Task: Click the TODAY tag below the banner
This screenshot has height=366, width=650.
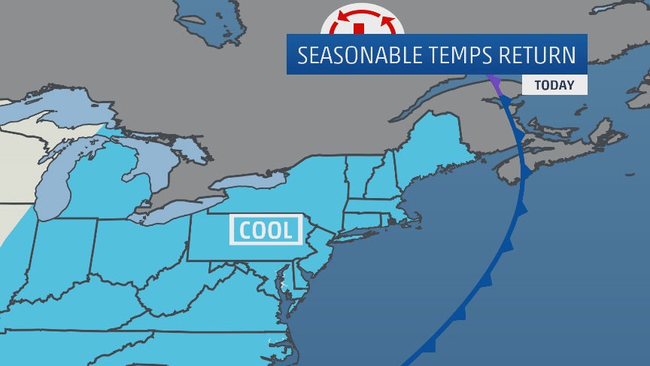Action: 554,85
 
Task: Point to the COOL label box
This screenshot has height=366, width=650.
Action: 266,230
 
